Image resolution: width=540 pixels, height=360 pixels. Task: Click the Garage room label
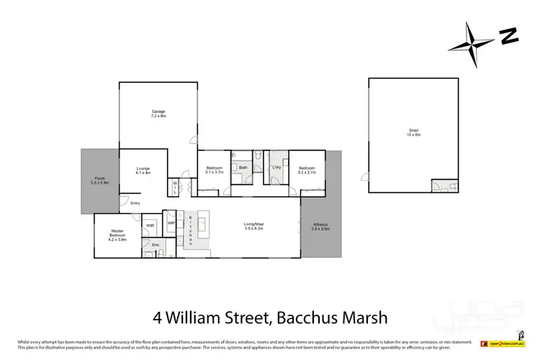[x=158, y=113]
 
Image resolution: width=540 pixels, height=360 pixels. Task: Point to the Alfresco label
[x=319, y=227]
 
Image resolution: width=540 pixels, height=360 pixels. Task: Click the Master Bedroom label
[x=117, y=237]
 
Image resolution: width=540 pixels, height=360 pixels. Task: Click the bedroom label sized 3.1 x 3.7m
[x=215, y=170]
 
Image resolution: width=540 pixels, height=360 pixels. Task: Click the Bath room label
[x=243, y=168]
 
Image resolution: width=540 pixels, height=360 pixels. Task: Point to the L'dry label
[x=276, y=168]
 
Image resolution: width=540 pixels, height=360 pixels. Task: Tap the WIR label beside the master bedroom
[x=150, y=225]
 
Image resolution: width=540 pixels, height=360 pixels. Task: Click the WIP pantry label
[x=171, y=222]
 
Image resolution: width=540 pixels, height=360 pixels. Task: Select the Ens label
[x=155, y=245]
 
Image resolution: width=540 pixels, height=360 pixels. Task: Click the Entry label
[x=135, y=203]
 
